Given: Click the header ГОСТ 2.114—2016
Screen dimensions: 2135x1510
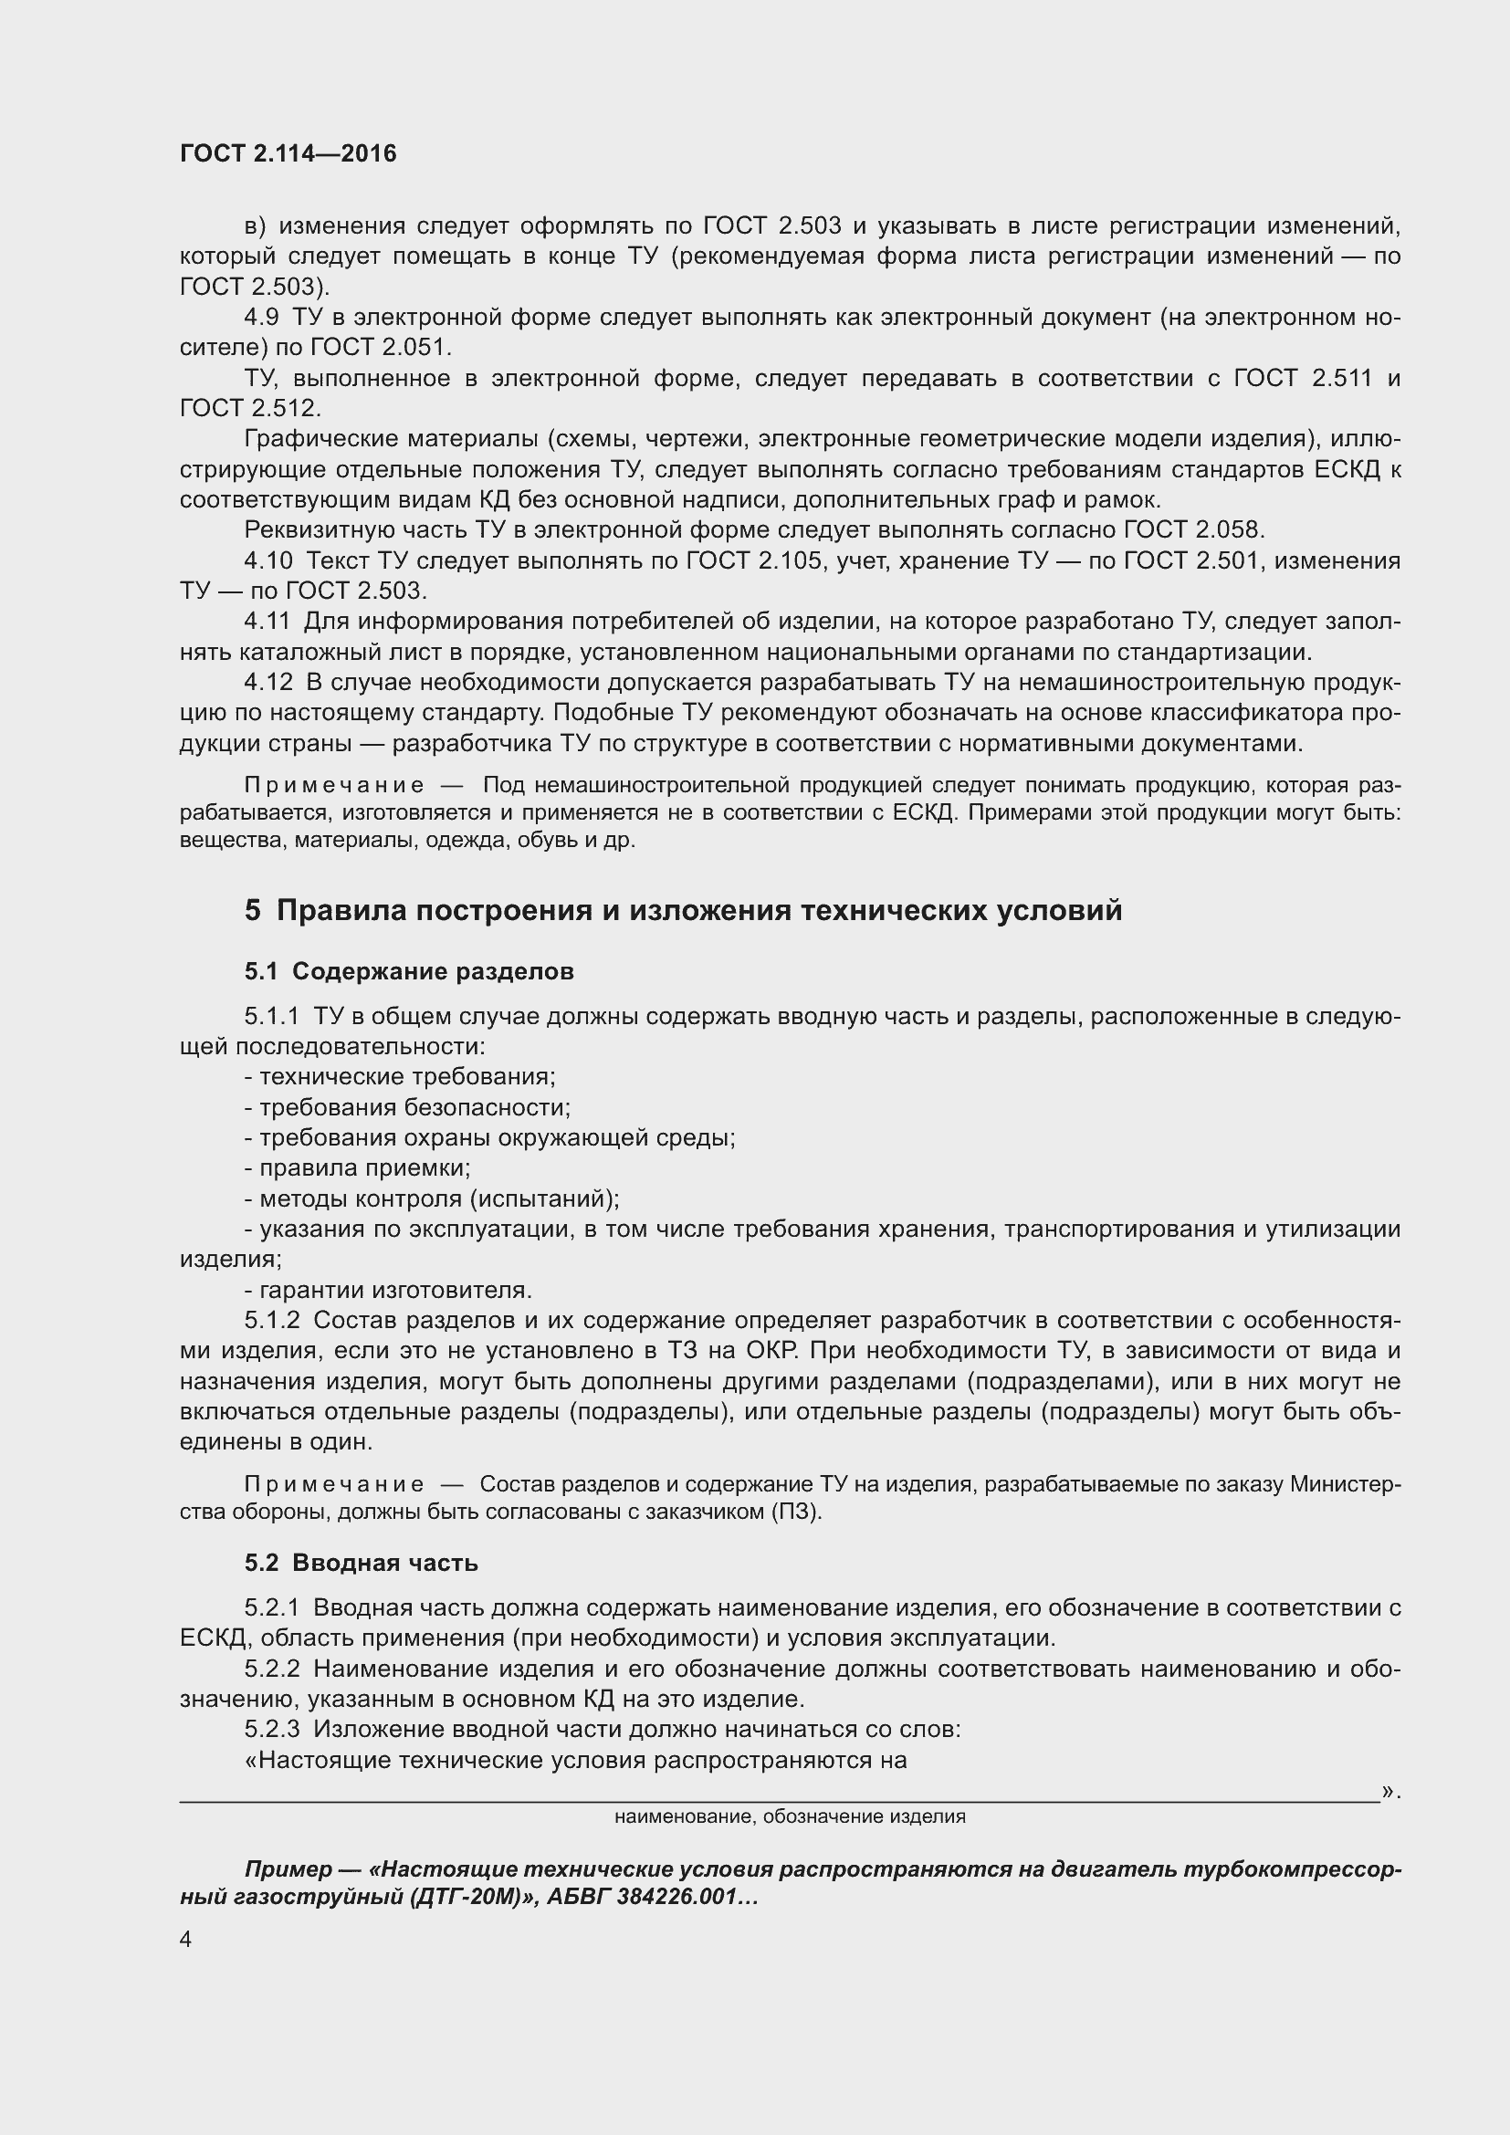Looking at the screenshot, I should click(x=288, y=153).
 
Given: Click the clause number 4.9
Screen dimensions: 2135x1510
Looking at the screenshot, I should click(x=261, y=317).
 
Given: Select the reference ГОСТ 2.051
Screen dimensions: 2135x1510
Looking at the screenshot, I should click(x=381, y=348).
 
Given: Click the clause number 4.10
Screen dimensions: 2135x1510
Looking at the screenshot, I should click(x=267, y=560).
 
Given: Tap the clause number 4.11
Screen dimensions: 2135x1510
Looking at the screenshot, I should click(x=267, y=622).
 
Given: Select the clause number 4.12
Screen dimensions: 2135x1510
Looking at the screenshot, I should click(x=267, y=683).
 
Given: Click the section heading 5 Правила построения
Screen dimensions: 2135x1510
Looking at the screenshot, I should click(x=683, y=909).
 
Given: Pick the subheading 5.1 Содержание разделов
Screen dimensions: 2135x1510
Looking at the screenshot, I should click(x=409, y=972).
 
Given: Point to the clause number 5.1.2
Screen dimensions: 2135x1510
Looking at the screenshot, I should click(x=271, y=1321).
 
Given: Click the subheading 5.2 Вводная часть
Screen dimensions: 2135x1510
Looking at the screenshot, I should click(x=361, y=1563).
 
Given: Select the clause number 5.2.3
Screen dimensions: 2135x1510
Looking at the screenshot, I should click(x=271, y=1730).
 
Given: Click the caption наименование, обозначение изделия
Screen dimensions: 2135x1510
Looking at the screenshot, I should click(x=790, y=1817).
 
